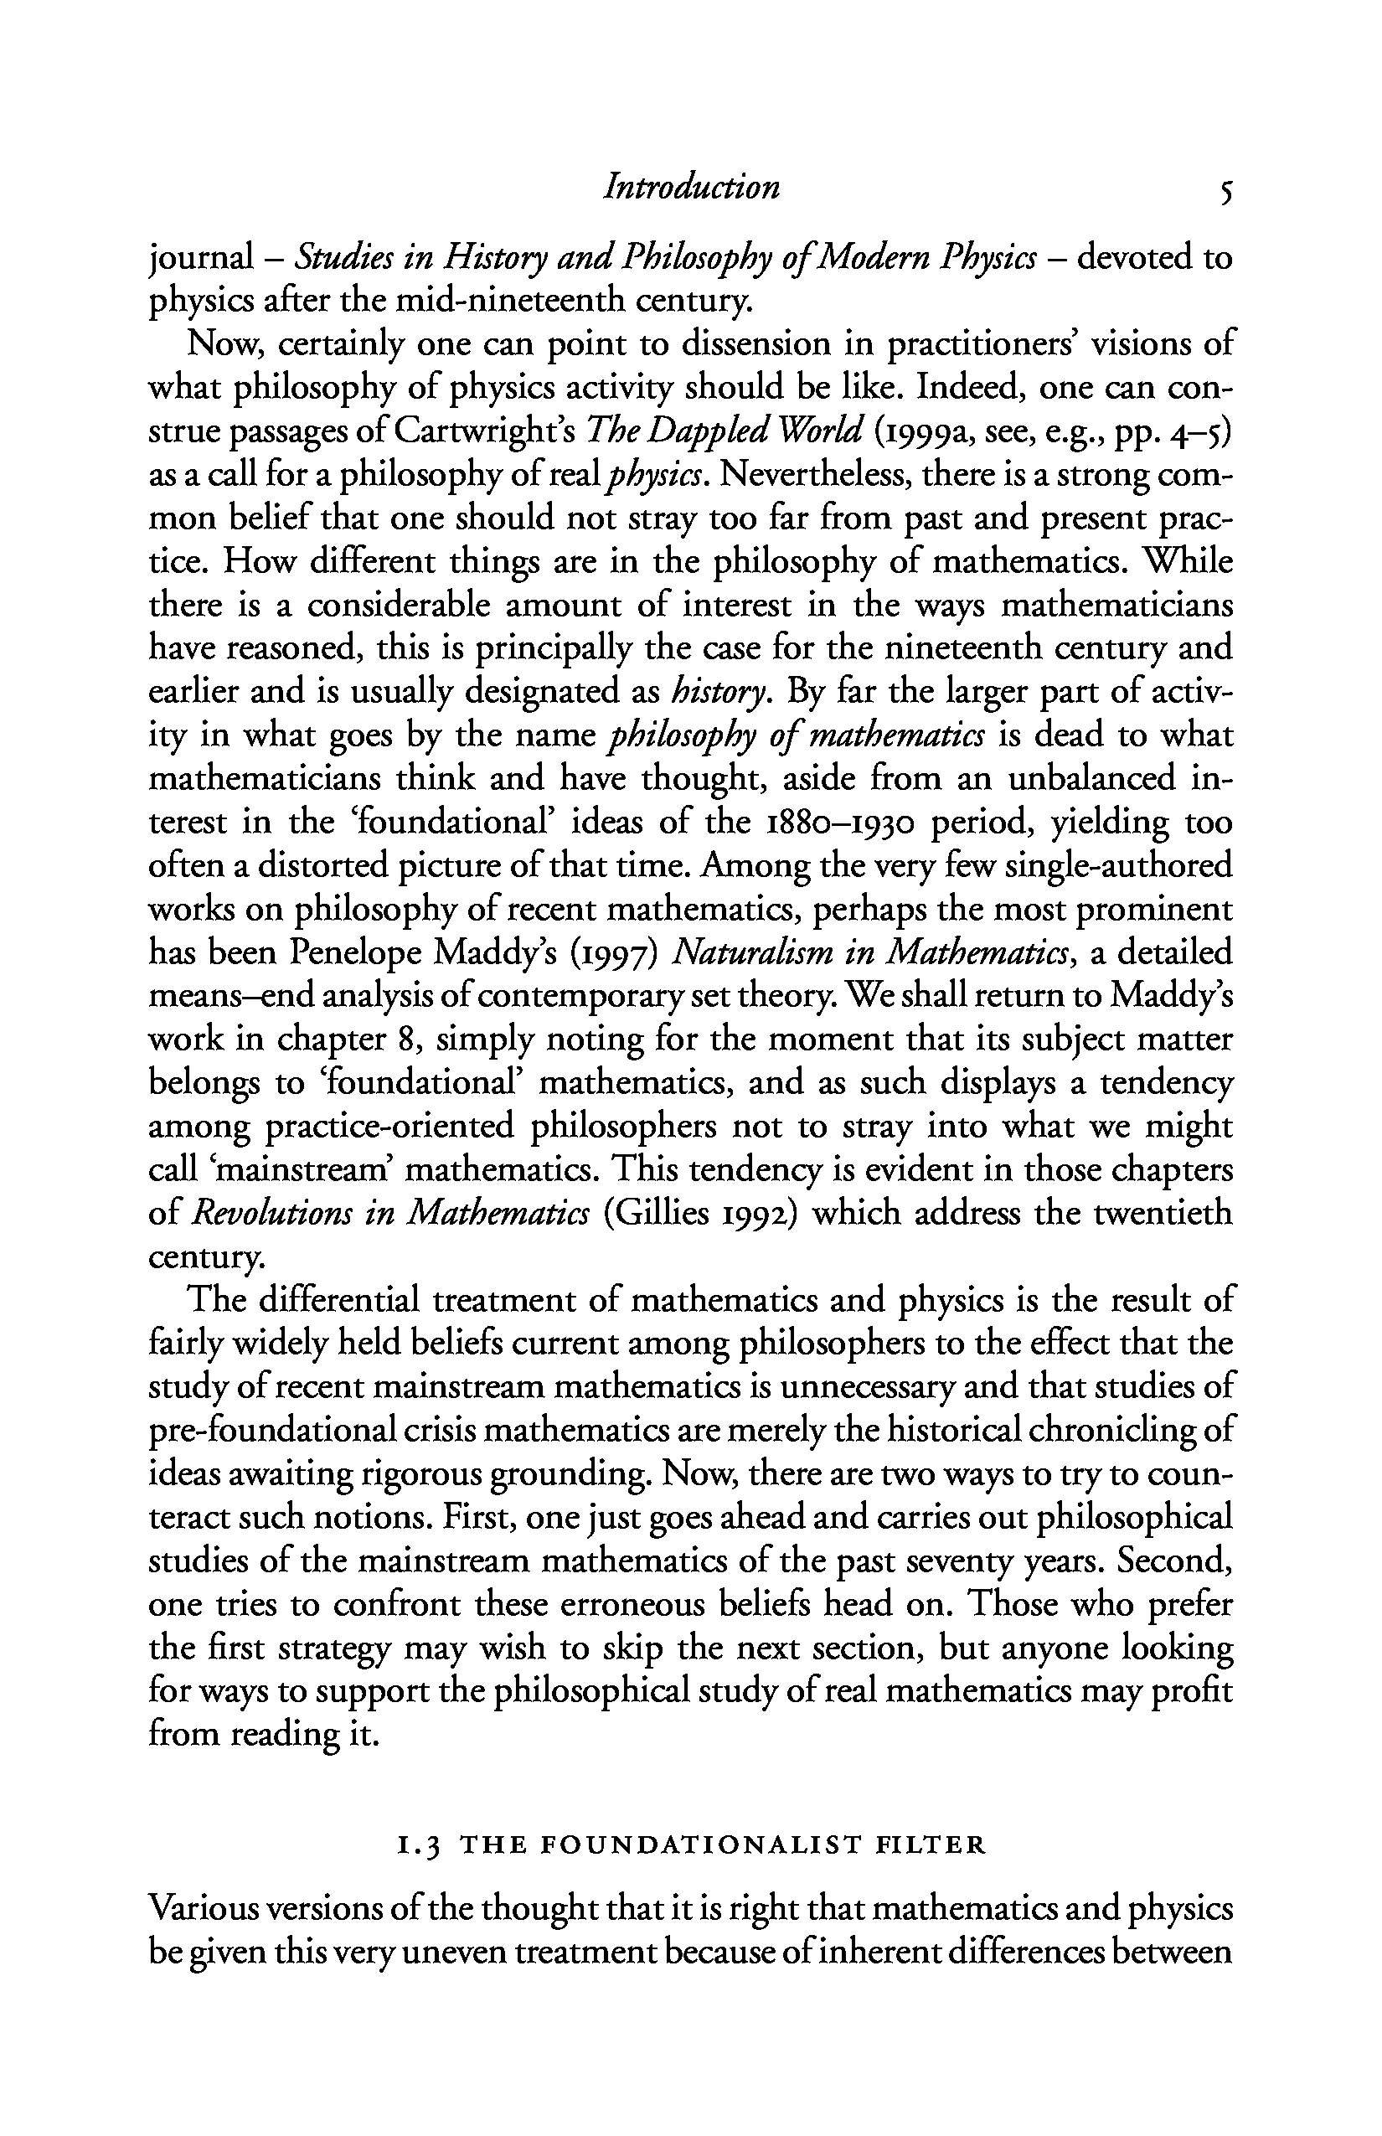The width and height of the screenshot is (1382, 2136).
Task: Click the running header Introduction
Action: pos(691,188)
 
